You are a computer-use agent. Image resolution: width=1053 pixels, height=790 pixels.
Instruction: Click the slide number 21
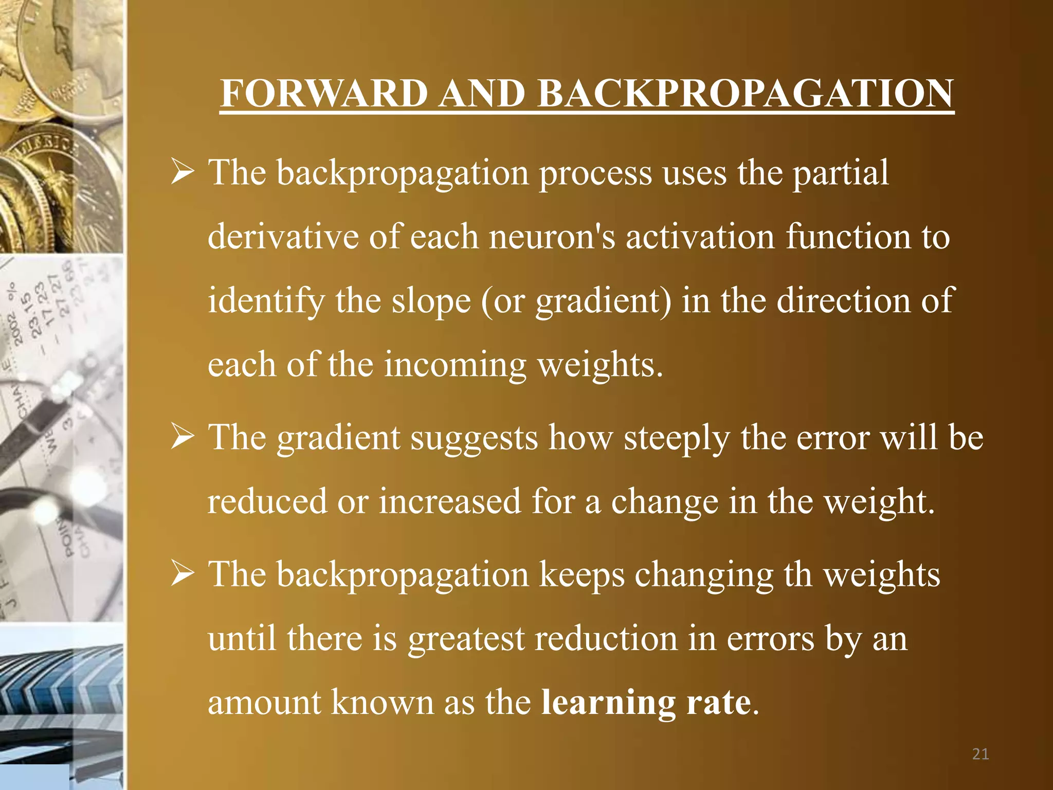(981, 754)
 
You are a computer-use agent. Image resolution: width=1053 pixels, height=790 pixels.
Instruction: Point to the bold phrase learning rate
(646, 702)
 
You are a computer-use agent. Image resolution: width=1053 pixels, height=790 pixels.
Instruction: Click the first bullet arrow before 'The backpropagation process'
(182, 173)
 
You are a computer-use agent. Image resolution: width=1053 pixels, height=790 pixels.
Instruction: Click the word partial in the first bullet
(840, 173)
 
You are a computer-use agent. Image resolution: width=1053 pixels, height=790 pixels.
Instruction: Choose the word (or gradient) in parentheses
(576, 301)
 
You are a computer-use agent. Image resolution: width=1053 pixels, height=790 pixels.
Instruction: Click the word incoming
(455, 365)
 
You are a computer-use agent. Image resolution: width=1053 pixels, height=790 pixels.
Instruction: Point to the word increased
(450, 501)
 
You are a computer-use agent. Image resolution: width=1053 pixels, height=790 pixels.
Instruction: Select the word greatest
(466, 638)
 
